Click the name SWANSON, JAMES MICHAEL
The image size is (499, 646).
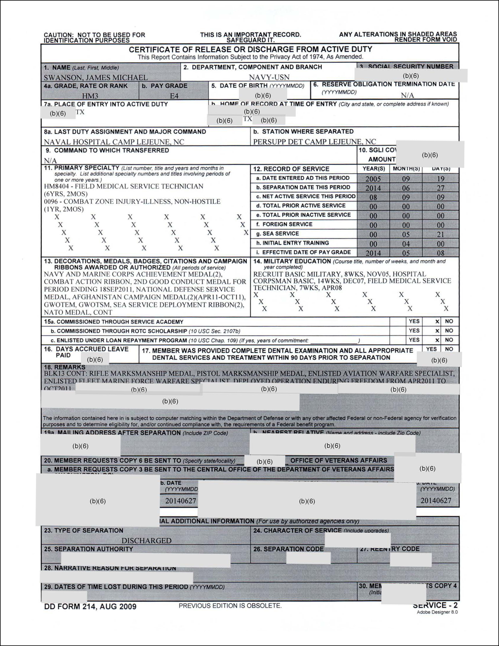pos(95,78)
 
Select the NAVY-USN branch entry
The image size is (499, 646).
pos(269,77)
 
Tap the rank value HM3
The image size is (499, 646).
pos(90,96)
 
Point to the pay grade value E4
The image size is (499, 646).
pos(174,96)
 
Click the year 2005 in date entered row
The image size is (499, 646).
pos(373,179)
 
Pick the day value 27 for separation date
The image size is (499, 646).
pos(441,188)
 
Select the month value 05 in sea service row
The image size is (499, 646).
pos(406,235)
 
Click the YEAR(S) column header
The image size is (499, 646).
pos(374,169)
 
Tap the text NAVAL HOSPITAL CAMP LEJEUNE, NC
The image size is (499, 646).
pos(114,142)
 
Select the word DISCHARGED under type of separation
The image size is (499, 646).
pos(146,541)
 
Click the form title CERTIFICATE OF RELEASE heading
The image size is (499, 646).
pos(250,49)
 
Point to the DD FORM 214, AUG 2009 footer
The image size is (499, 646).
pos(90,607)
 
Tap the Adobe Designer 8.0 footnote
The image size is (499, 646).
pos(437,612)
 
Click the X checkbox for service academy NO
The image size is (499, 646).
pos(437,322)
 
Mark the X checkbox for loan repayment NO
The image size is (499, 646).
pos(437,340)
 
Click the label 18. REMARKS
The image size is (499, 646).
pos(65,367)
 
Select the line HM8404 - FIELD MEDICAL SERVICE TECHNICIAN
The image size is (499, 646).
pos(124,186)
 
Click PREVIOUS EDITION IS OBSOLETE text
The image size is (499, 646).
pos(230,606)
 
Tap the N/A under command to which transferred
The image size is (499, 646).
pos(50,161)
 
